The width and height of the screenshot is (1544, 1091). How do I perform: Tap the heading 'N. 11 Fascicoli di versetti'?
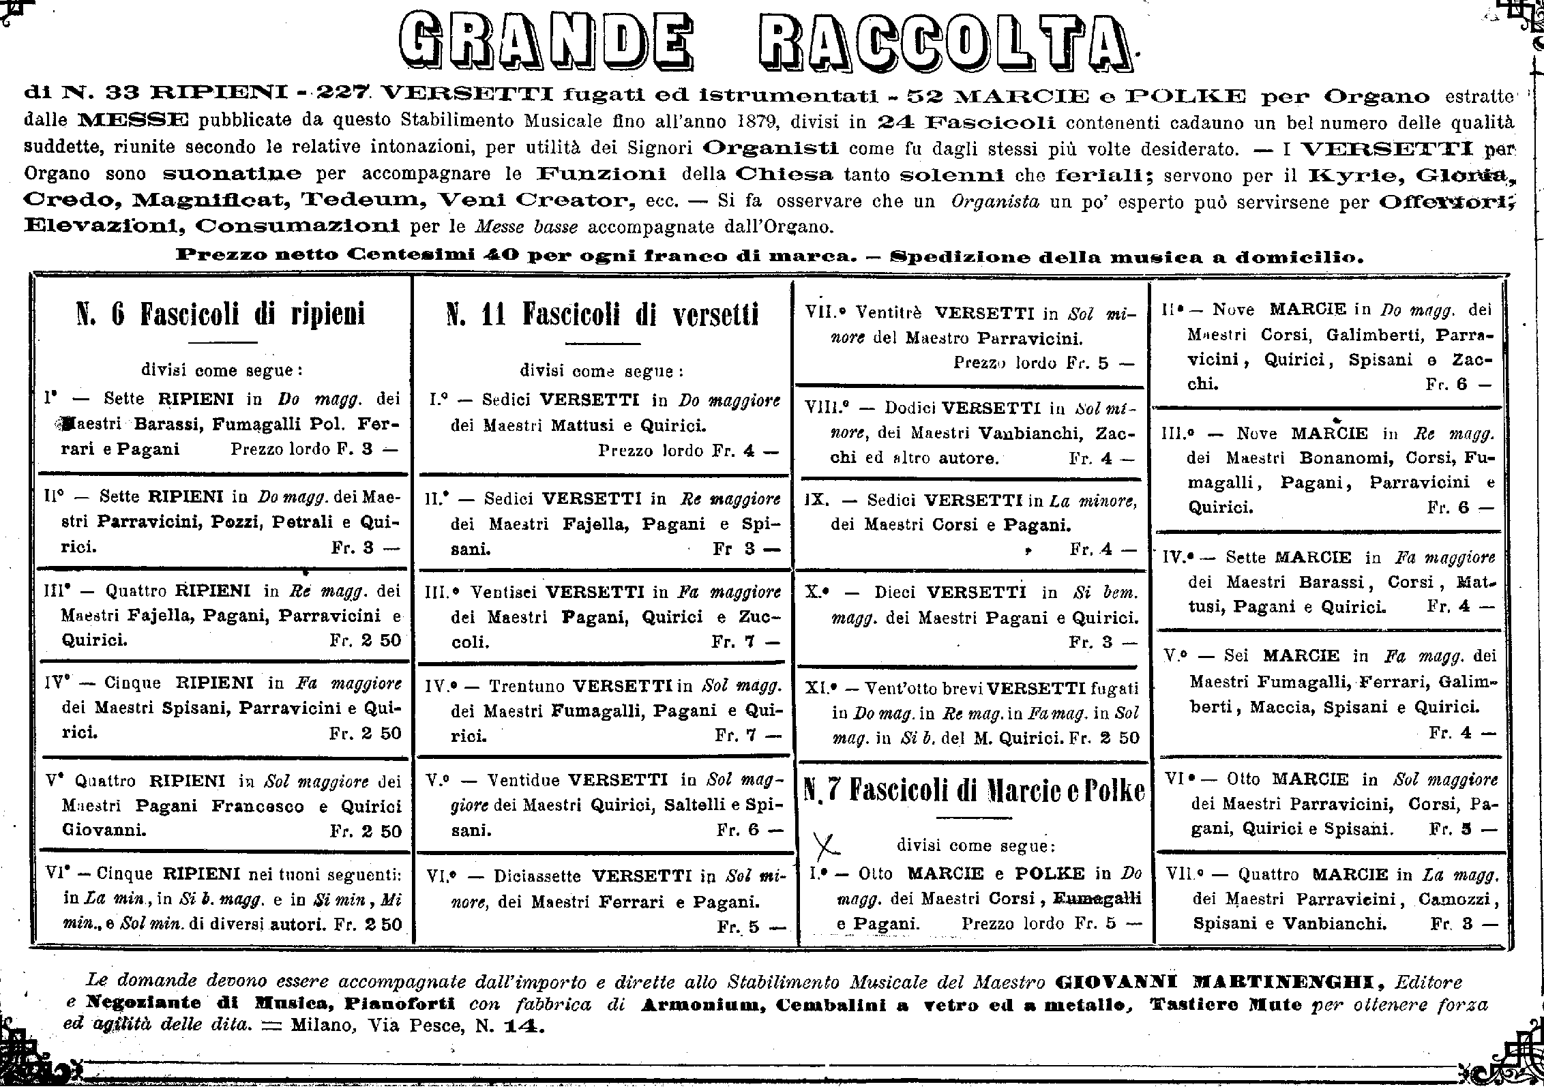click(602, 316)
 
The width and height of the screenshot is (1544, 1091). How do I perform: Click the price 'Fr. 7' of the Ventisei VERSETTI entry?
click(743, 642)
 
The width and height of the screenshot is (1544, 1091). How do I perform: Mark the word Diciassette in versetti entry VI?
click(537, 876)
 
